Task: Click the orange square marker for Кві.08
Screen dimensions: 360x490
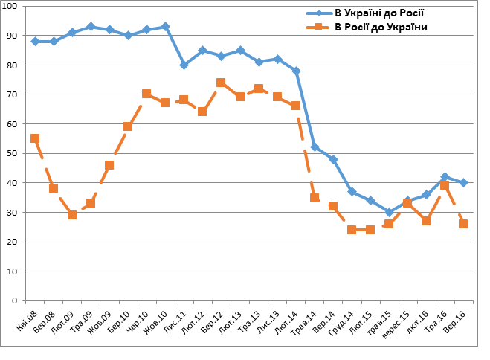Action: coord(35,138)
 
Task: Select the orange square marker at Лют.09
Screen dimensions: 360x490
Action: coord(72,215)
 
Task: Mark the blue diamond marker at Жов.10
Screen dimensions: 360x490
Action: coord(165,27)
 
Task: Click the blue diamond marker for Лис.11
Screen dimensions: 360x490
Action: coord(184,65)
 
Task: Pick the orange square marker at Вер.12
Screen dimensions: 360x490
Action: coord(221,83)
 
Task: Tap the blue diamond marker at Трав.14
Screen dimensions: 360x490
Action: coord(315,147)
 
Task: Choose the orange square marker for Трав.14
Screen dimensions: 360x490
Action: coord(315,198)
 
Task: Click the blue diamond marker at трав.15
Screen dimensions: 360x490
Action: coord(389,212)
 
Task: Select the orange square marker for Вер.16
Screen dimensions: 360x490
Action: coord(463,224)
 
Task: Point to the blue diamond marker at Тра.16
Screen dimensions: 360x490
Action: coord(445,177)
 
